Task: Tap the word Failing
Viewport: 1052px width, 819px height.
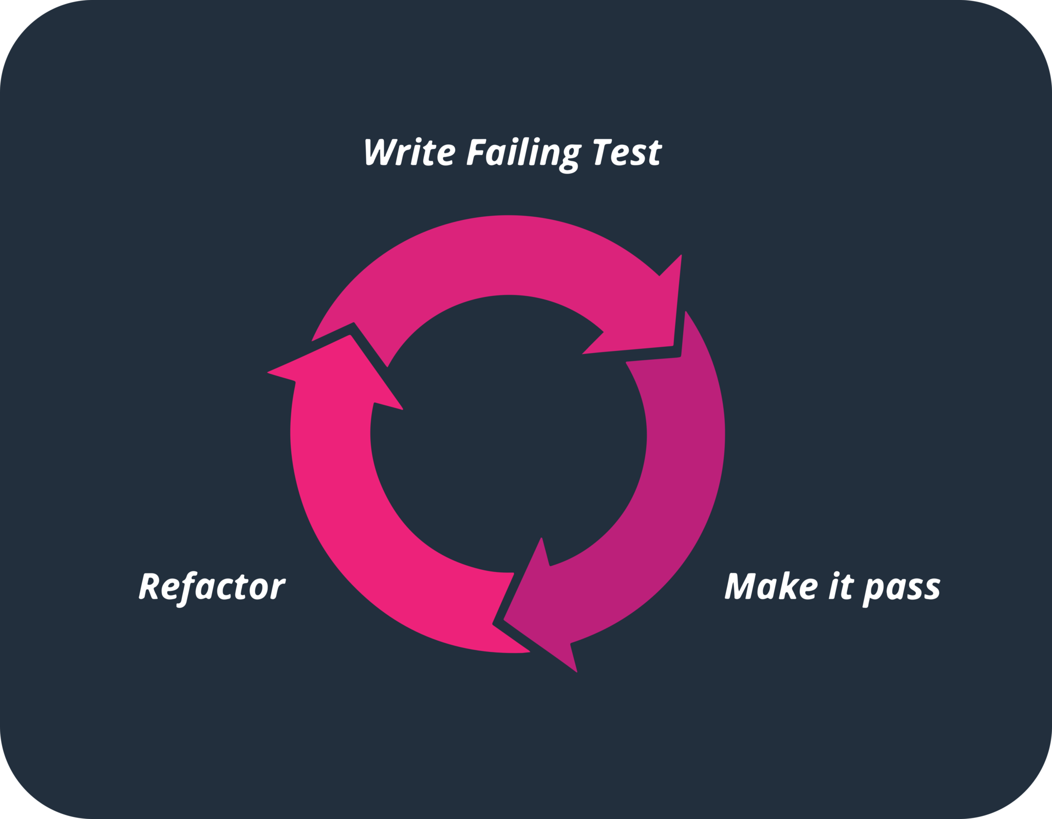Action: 523,153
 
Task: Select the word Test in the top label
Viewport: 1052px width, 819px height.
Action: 626,152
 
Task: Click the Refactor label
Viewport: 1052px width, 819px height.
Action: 212,586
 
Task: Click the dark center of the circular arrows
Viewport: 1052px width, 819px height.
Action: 508,434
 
